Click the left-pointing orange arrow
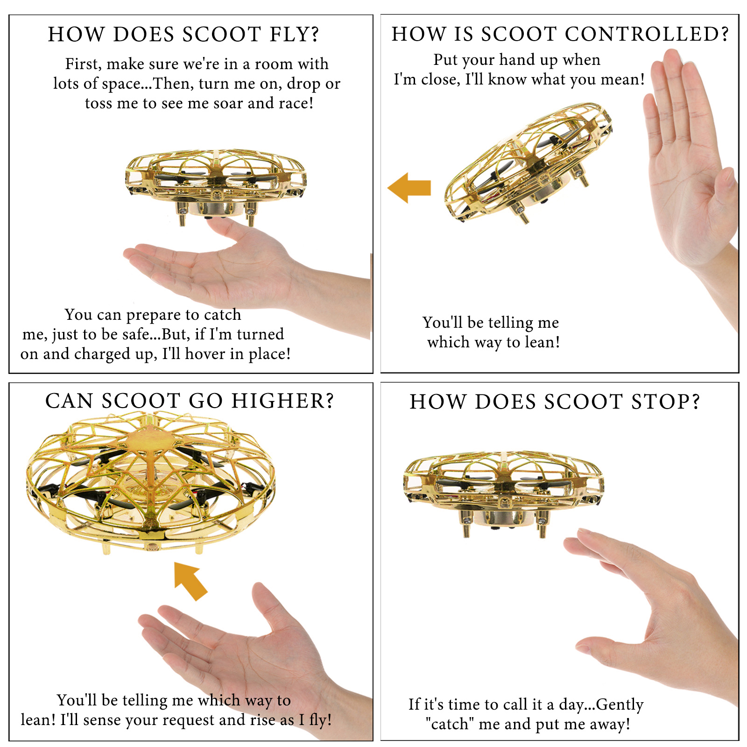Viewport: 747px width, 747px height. click(x=409, y=188)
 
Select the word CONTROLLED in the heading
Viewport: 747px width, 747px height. click(x=646, y=34)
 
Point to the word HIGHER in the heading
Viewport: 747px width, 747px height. click(x=283, y=401)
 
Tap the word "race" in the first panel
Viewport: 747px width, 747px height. click(x=296, y=103)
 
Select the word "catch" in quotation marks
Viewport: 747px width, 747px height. click(x=449, y=724)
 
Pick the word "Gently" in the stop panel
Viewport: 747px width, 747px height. click(x=620, y=705)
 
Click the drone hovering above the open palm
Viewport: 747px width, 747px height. click(x=216, y=187)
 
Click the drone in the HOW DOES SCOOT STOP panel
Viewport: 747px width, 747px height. click(x=503, y=493)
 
